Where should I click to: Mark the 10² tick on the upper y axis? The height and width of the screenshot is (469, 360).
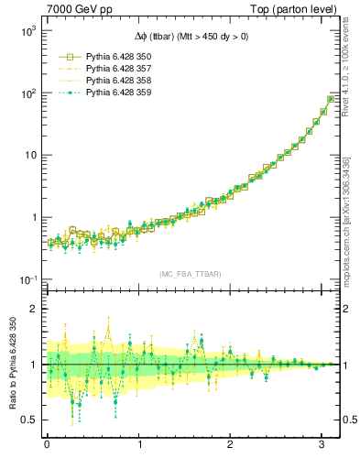28,93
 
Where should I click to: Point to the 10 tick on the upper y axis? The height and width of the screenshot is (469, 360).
31,156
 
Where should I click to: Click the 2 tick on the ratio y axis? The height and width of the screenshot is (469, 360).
35,309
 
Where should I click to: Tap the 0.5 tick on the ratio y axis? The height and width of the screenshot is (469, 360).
31,420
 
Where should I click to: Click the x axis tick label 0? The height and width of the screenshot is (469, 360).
47,445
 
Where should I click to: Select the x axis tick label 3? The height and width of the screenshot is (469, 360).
322,445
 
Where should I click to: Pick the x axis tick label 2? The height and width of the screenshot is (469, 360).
230,445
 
